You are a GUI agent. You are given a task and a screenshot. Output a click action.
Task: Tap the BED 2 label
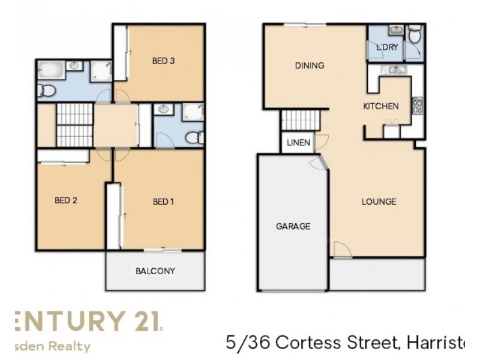pyautogui.click(x=65, y=201)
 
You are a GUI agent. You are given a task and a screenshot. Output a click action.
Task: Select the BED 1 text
pyautogui.click(x=163, y=202)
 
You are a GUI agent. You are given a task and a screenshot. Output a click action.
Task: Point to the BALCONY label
pyautogui.click(x=155, y=271)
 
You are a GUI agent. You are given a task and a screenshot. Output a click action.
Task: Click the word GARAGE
pyautogui.click(x=293, y=226)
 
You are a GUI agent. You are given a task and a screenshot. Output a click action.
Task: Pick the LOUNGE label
pyautogui.click(x=379, y=202)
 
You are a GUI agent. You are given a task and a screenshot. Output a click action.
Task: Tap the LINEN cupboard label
pyautogui.click(x=298, y=143)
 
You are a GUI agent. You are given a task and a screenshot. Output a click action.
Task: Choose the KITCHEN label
pyautogui.click(x=380, y=106)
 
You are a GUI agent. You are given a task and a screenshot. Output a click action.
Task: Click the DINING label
pyautogui.click(x=309, y=65)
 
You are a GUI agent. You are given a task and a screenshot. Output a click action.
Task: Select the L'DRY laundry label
pyautogui.click(x=388, y=47)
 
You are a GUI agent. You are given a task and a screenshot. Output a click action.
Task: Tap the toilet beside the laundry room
pyautogui.click(x=414, y=36)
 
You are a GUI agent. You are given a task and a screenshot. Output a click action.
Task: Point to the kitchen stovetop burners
pyautogui.click(x=417, y=106)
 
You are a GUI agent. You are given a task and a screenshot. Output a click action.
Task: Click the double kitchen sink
pyautogui.click(x=393, y=70)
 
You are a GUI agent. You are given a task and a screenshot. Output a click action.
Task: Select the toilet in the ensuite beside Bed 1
pyautogui.click(x=193, y=138)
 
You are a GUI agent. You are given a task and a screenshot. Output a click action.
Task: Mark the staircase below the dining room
pyautogui.click(x=298, y=121)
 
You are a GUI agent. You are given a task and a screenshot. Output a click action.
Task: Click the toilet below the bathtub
pyautogui.click(x=43, y=91)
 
